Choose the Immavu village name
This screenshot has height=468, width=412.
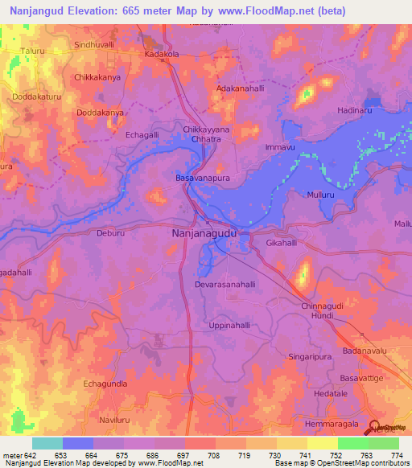[281, 149]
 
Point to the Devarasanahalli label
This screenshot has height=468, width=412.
[225, 285]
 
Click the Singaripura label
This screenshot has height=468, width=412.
[311, 355]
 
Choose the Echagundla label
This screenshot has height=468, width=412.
[106, 384]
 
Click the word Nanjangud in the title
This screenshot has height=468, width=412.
[36, 11]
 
